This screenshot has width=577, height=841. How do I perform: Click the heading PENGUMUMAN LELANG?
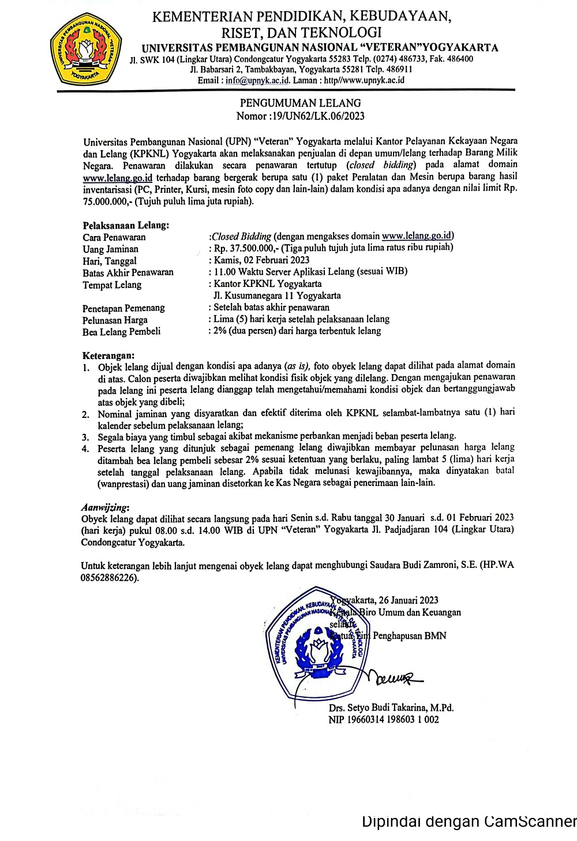click(301, 103)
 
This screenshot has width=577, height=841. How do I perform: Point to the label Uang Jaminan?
click(110, 249)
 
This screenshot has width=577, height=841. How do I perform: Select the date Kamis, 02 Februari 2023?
click(261, 260)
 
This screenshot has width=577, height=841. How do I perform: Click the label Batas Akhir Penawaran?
click(128, 272)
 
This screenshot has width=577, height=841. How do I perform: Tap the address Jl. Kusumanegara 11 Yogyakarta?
click(277, 296)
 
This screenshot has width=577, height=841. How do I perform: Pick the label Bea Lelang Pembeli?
click(121, 332)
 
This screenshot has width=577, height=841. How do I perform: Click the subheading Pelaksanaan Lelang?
click(126, 226)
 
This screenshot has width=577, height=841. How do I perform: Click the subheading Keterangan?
click(108, 356)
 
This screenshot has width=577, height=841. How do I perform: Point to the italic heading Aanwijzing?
click(105, 507)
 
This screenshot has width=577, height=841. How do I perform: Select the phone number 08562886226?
click(109, 578)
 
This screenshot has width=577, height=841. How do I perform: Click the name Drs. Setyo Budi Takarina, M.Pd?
click(391, 708)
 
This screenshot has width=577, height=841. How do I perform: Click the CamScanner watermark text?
click(469, 821)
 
